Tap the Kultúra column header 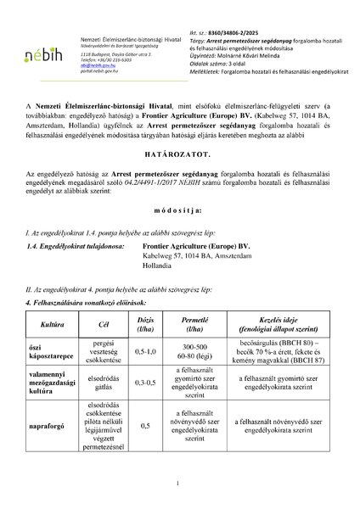click(x=42, y=325)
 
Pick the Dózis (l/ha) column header click(x=145, y=325)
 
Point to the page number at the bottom click(x=179, y=483)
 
